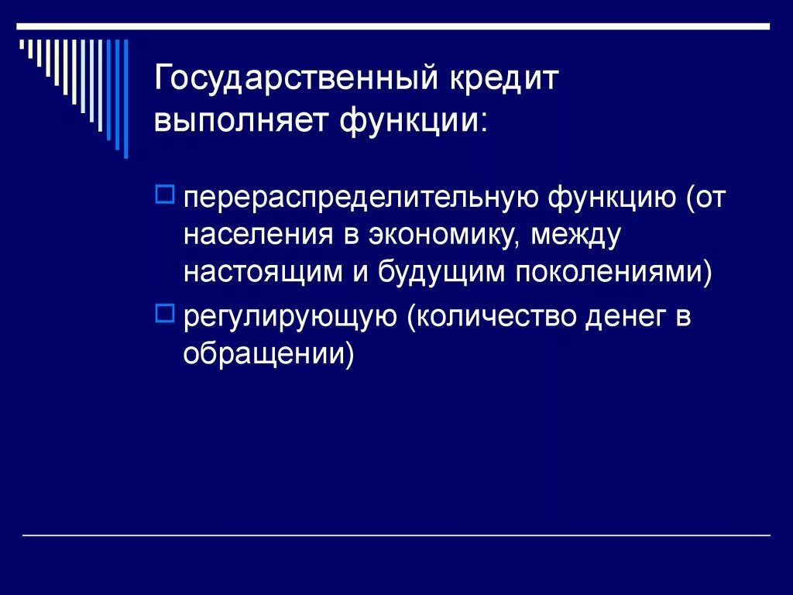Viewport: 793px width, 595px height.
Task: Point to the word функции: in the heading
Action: pos(413,121)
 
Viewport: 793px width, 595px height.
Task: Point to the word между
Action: pos(576,236)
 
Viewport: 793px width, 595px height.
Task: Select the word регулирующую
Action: pos(290,319)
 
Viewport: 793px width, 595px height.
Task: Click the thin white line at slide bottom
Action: pos(396,536)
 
